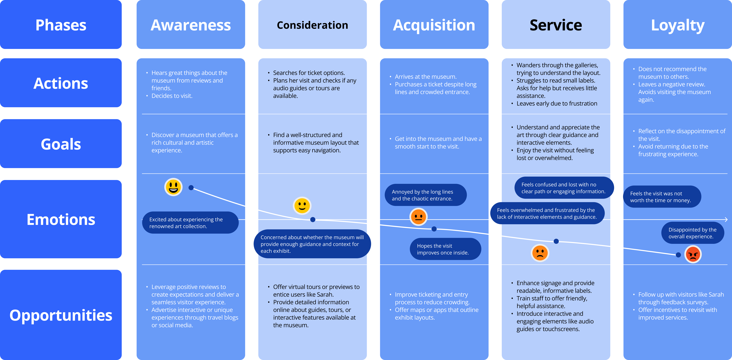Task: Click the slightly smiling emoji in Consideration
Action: pyautogui.click(x=302, y=205)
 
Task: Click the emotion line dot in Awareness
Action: pyautogui.click(x=191, y=188)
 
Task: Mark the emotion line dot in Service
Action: pyautogui.click(x=556, y=241)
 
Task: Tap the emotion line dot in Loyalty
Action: pyautogui.click(x=678, y=255)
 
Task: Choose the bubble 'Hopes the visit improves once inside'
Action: pyautogui.click(x=445, y=249)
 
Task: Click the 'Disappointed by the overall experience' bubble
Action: pyautogui.click(x=693, y=233)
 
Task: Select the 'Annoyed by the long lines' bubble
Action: pyautogui.click(x=425, y=195)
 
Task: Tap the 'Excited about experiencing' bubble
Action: pyautogui.click(x=190, y=223)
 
